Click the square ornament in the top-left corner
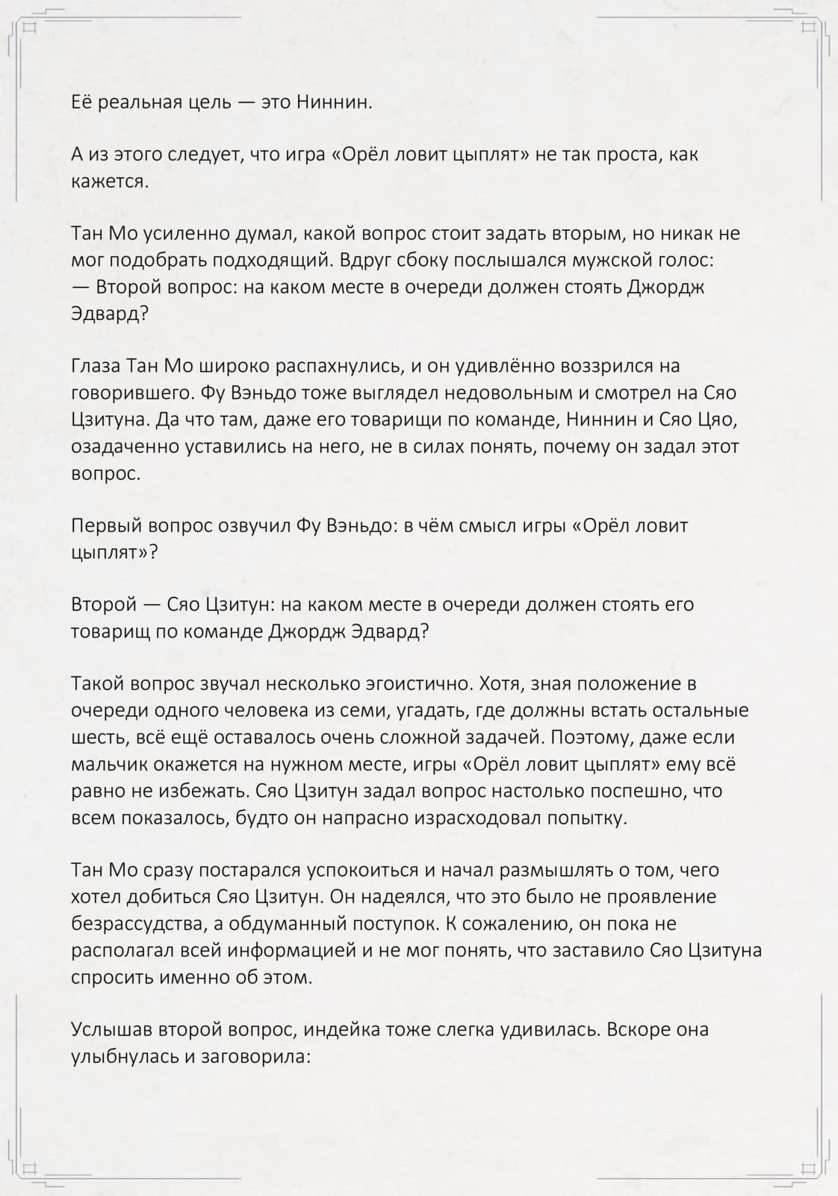click(x=30, y=28)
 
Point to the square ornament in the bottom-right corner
click(x=808, y=1168)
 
